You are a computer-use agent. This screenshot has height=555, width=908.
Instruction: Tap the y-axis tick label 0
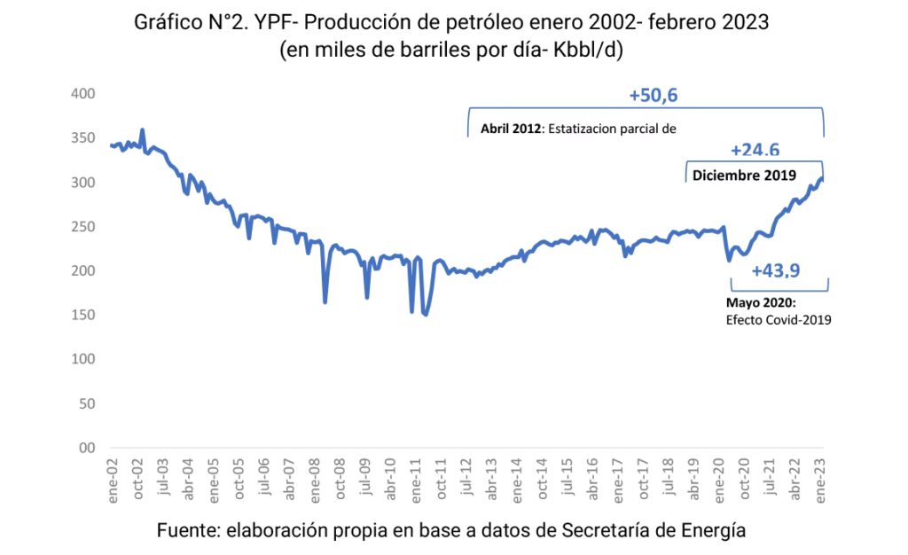tap(89, 448)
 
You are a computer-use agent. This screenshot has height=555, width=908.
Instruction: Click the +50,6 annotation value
tap(654, 96)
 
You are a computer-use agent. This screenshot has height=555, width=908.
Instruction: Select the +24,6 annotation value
tap(755, 151)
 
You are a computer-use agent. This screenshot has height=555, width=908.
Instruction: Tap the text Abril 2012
tap(512, 128)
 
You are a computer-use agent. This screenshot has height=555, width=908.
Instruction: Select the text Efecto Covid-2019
tap(778, 320)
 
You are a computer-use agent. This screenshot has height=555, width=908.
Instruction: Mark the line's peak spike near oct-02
tap(143, 129)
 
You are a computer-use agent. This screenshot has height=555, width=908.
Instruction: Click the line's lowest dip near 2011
tap(426, 315)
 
